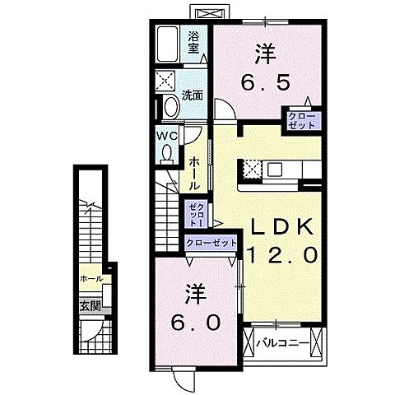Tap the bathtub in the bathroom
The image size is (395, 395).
pos(168,44)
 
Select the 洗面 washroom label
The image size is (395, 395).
pos(193,95)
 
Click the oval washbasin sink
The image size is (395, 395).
pos(171,107)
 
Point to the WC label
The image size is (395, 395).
pos(167,136)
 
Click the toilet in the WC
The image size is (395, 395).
pos(167,155)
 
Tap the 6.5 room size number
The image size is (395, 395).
pos(265,82)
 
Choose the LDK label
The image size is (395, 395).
pos(283,227)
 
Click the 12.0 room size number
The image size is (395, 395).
pos(282,254)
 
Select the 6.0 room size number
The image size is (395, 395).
pos(196,323)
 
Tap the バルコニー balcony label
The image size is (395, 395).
pos(282,343)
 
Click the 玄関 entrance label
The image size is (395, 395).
pos(90,306)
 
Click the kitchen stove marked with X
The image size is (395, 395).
pos(252,170)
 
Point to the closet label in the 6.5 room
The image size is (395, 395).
pos(301,121)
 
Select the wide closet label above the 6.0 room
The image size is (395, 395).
pos(211,243)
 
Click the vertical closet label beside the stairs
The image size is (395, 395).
pos(197,215)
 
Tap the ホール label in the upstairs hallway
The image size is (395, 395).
pos(194,174)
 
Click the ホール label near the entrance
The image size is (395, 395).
pos(91,279)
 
